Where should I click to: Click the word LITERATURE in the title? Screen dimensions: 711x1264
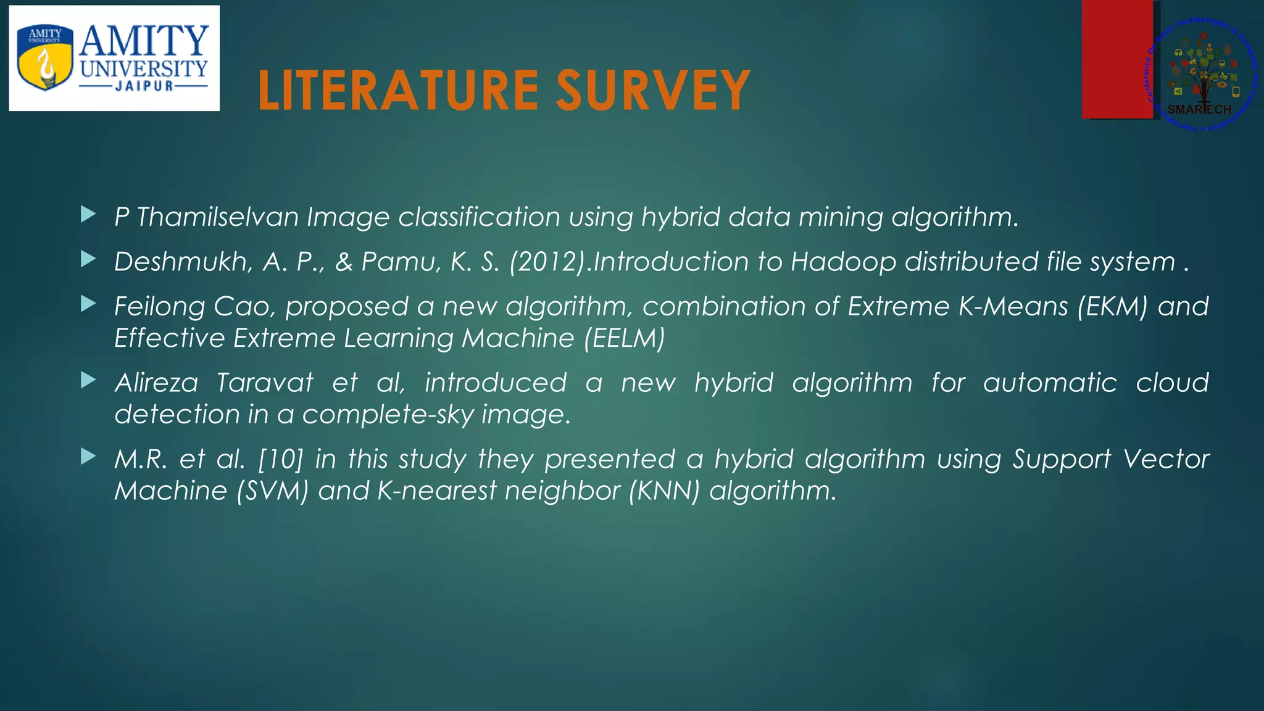click(399, 91)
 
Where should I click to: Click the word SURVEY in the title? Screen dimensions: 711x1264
click(653, 91)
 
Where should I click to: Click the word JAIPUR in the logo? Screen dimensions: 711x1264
click(144, 86)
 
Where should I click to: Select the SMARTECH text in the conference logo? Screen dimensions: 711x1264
click(1199, 109)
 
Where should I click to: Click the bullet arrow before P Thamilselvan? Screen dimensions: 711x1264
click(88, 215)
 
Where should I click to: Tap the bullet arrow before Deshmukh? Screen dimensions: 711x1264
click(88, 260)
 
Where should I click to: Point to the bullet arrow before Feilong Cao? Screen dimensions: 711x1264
click(88, 304)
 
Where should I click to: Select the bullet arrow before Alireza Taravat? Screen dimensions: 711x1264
click(88, 381)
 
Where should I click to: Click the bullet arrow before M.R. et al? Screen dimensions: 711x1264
click(88, 457)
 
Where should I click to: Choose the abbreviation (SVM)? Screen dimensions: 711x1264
click(272, 491)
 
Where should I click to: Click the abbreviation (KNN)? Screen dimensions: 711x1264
click(664, 491)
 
